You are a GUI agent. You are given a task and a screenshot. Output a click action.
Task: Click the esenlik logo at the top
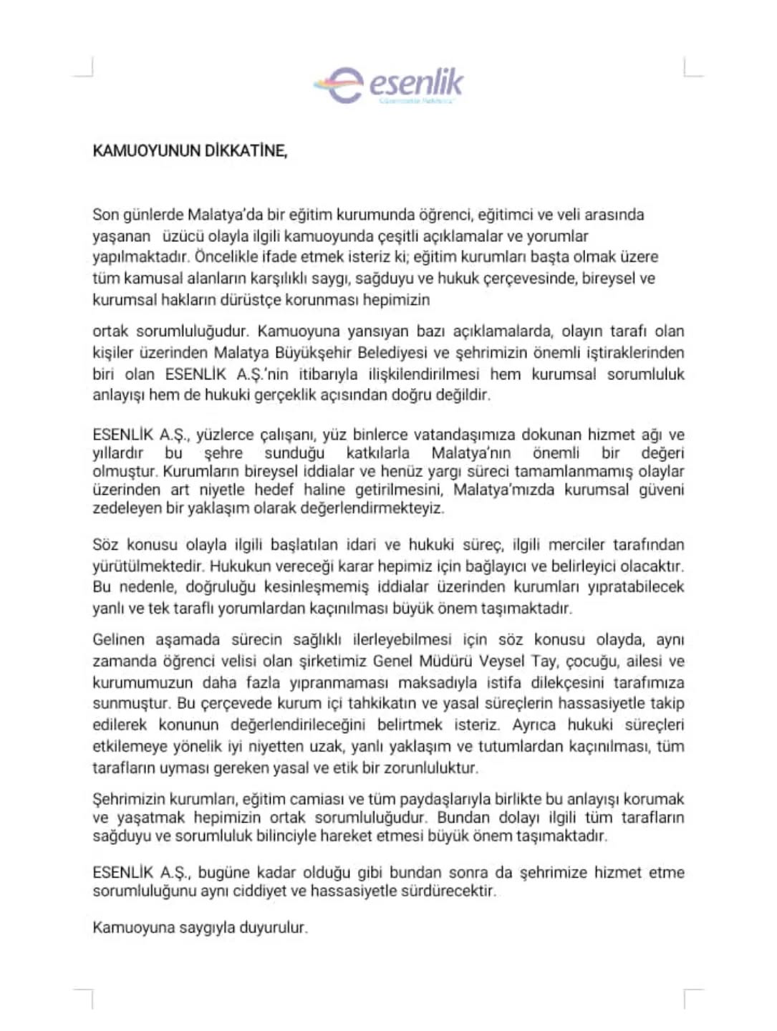coord(388,85)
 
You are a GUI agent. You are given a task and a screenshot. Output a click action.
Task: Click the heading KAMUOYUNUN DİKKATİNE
coord(190,151)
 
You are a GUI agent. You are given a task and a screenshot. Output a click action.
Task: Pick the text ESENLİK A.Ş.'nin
coord(226,374)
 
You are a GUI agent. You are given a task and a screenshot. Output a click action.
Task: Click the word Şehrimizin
coord(127,799)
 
